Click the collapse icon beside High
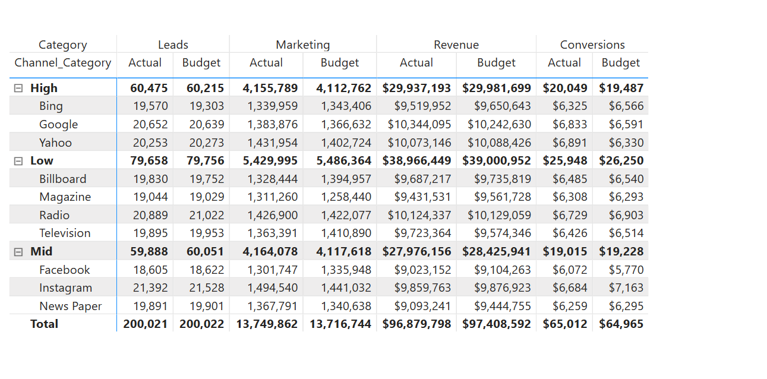pyautogui.click(x=18, y=89)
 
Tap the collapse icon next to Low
pyautogui.click(x=18, y=161)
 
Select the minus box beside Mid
pyautogui.click(x=18, y=252)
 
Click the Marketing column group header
pyautogui.click(x=302, y=45)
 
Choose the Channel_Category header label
pyautogui.click(x=62, y=63)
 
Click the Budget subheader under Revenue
pyautogui.click(x=496, y=62)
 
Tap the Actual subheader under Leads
pyautogui.click(x=145, y=62)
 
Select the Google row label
pyautogui.click(x=59, y=125)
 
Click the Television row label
pyautogui.click(x=65, y=233)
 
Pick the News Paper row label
pyautogui.click(x=71, y=306)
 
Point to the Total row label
pyautogui.click(x=44, y=324)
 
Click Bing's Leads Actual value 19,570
pyautogui.click(x=150, y=106)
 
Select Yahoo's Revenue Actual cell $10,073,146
pyautogui.click(x=419, y=143)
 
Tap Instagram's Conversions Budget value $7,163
pyautogui.click(x=626, y=288)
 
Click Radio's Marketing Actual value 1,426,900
pyautogui.click(x=272, y=216)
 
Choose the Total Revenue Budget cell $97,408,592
pyautogui.click(x=496, y=324)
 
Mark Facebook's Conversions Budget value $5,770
pyautogui.click(x=626, y=270)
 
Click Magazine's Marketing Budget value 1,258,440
pyautogui.click(x=346, y=197)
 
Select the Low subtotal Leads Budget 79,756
pyautogui.click(x=205, y=161)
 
